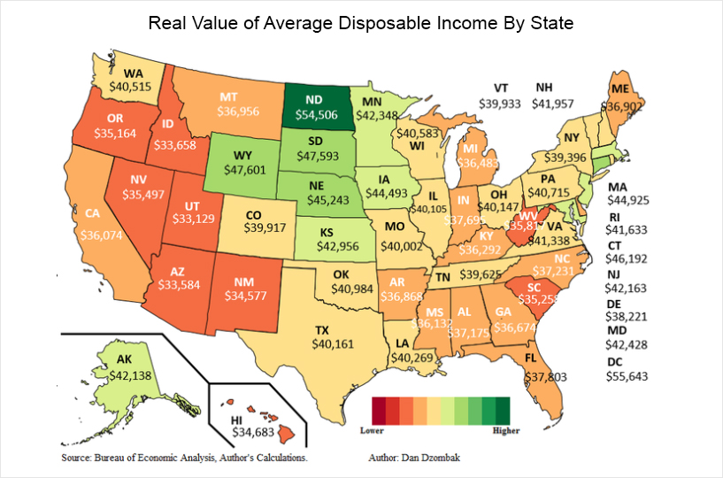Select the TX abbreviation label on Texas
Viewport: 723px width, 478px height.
pyautogui.click(x=322, y=330)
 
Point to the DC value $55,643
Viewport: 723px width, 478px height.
pyautogui.click(x=627, y=376)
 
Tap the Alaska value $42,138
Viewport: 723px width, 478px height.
pyautogui.click(x=130, y=375)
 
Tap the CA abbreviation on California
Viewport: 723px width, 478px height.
pyautogui.click(x=92, y=213)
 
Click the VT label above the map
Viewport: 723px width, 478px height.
pyautogui.click(x=501, y=88)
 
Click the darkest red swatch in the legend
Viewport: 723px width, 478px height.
pyautogui.click(x=379, y=411)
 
